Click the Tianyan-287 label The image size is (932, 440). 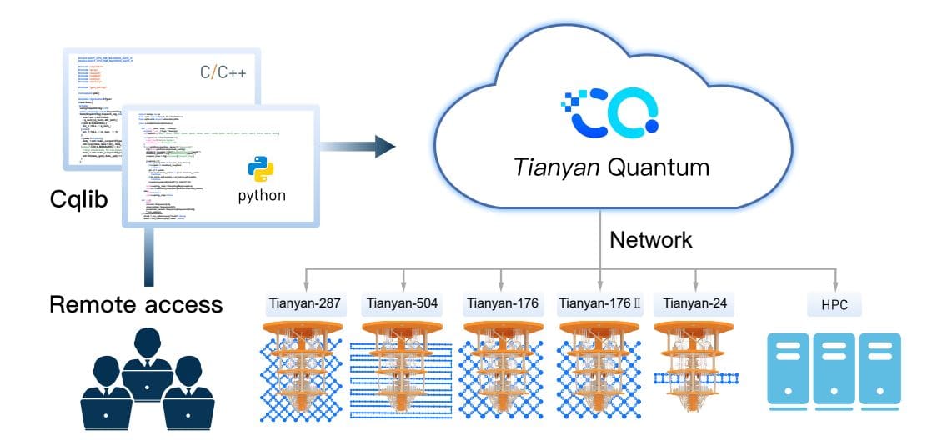(x=306, y=304)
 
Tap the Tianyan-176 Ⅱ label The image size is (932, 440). (x=599, y=304)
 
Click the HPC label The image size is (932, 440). (x=834, y=305)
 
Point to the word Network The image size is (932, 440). (x=650, y=240)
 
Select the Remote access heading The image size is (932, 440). (x=136, y=303)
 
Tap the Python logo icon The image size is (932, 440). (x=261, y=169)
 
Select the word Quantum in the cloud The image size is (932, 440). (x=659, y=167)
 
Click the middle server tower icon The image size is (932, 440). (x=834, y=371)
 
